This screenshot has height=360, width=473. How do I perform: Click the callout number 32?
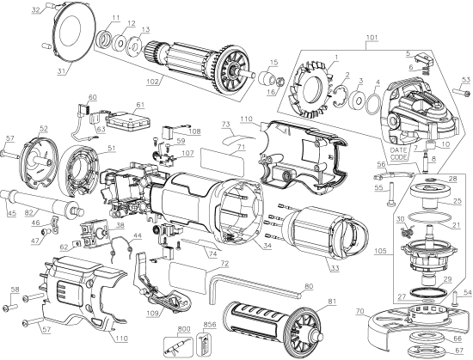[x=35, y=10]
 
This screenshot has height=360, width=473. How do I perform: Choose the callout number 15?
[x=273, y=62]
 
